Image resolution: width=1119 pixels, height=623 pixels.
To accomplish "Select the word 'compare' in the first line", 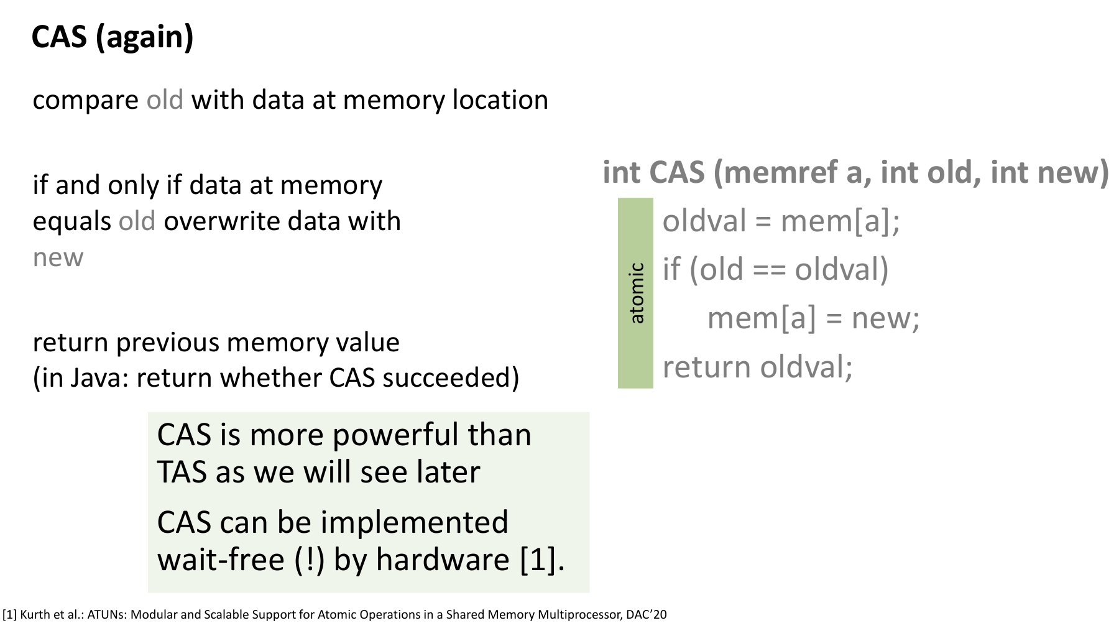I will coord(85,100).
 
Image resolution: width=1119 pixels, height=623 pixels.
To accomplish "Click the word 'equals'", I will coord(71,222).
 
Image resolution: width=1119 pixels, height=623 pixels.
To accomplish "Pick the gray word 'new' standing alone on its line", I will coord(58,258).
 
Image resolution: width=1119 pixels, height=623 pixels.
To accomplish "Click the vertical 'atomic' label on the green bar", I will coord(636,293).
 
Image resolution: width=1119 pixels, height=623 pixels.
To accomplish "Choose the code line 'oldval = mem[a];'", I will coord(781,221).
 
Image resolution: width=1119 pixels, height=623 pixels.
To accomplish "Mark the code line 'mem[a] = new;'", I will coord(813,318).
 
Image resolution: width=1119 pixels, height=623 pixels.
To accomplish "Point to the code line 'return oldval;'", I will coord(757,367).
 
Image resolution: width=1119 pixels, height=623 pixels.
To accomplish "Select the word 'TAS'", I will coord(182,472).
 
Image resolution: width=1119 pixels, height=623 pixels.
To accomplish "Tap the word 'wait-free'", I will coord(221,560).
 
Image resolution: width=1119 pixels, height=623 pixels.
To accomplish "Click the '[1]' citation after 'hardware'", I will coord(541,560).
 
